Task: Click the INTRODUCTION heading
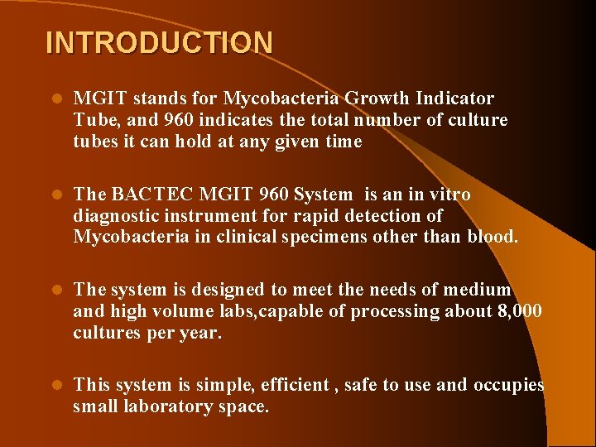pyautogui.click(x=159, y=42)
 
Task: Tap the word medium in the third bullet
pyautogui.click(x=478, y=290)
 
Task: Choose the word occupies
pyautogui.click(x=509, y=385)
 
